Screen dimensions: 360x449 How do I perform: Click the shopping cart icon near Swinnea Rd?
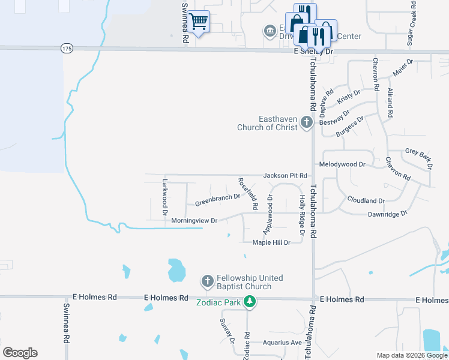coord(199,22)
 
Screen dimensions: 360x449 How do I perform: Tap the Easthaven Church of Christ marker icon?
coord(307,123)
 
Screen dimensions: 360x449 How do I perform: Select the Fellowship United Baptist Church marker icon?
coord(207,281)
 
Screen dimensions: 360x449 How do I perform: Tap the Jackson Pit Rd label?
coord(285,175)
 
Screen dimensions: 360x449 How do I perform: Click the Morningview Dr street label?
coord(194,221)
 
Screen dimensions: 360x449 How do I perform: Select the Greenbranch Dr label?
coord(217,199)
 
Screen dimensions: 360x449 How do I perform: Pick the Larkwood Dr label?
coord(164,196)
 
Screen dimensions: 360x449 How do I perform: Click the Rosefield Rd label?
coord(247,193)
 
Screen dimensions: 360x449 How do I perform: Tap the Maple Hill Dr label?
coord(271,242)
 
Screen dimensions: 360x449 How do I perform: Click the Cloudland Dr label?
coord(366,200)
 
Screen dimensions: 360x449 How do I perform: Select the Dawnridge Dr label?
coord(387,213)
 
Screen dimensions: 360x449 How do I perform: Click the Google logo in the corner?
coord(20,353)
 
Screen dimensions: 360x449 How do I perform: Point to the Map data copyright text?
coord(411,355)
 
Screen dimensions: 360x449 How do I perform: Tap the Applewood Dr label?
coord(268,214)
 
